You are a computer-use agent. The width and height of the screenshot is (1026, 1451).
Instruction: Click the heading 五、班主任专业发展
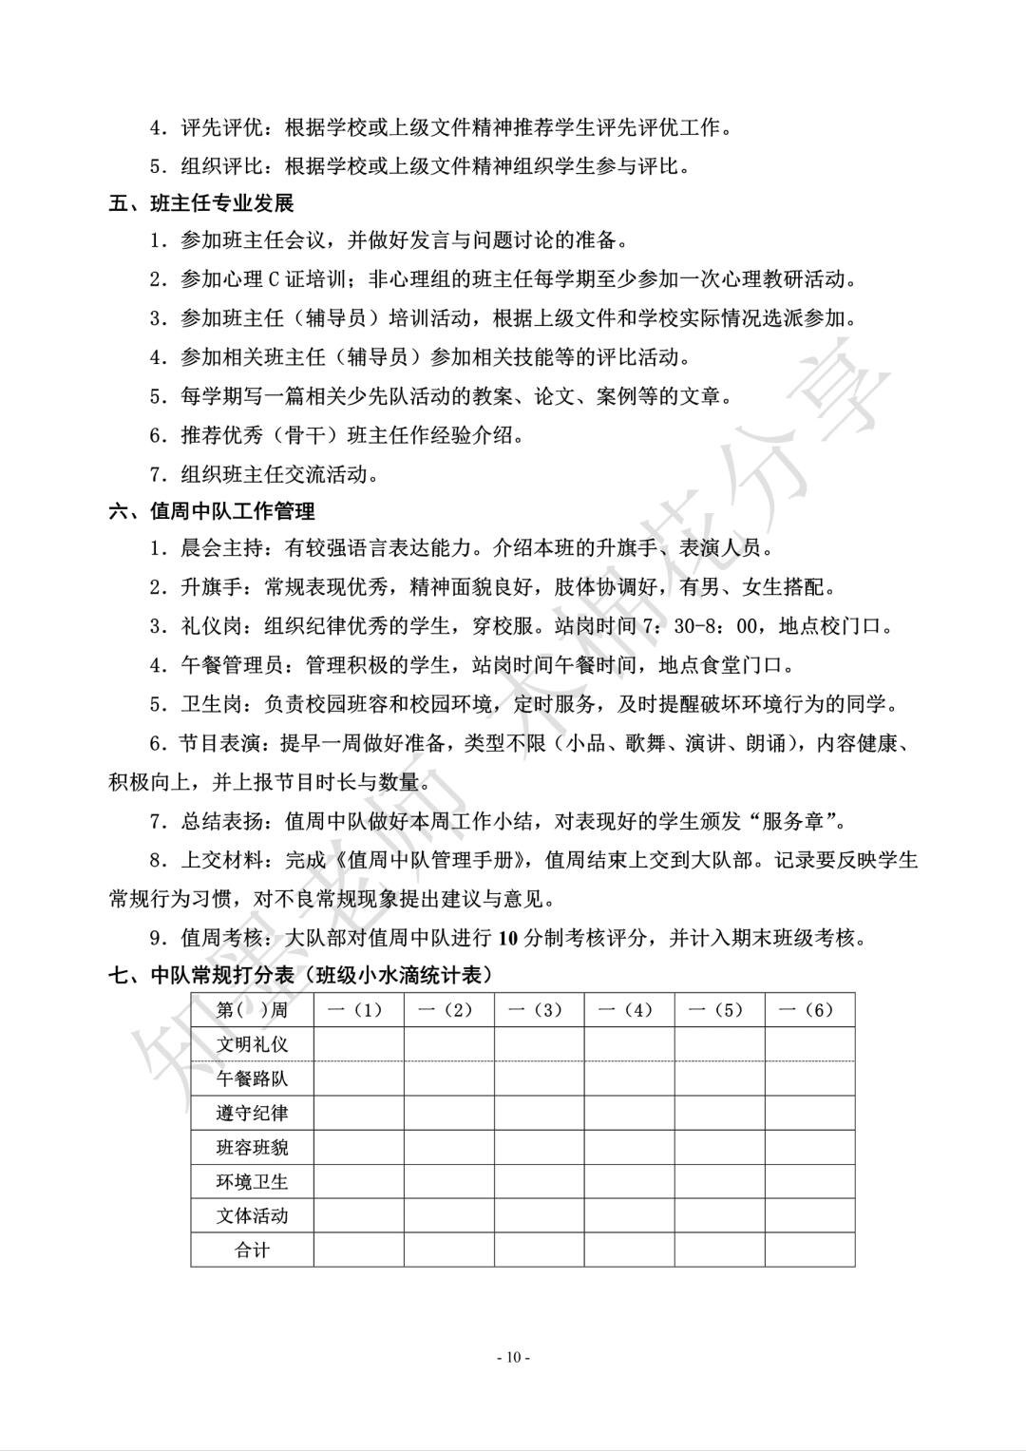tap(201, 202)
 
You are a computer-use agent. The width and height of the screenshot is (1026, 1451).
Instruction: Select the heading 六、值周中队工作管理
tap(212, 512)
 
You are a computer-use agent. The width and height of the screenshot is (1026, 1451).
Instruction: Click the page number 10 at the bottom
tap(513, 1357)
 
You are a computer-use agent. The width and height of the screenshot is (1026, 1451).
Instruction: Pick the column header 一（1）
tap(359, 1010)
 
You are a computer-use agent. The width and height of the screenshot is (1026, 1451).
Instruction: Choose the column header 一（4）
tap(629, 1010)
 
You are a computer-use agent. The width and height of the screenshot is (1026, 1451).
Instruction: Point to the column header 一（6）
tap(809, 1010)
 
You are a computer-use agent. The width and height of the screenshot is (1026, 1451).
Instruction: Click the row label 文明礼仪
tap(252, 1044)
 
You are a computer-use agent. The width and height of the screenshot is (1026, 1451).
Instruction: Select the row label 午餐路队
tap(252, 1079)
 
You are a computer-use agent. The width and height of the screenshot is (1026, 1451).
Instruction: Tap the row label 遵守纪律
tap(252, 1113)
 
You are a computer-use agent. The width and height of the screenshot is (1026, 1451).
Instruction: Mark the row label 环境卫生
tap(252, 1182)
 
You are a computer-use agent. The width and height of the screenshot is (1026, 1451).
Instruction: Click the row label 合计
tap(252, 1251)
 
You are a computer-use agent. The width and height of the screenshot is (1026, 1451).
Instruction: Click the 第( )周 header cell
tap(252, 1010)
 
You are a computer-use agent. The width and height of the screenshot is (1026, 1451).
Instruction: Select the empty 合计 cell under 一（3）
tap(539, 1251)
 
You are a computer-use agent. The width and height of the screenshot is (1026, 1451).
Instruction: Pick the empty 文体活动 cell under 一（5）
tap(719, 1216)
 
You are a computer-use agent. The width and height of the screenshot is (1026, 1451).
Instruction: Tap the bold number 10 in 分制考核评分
tap(507, 938)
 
